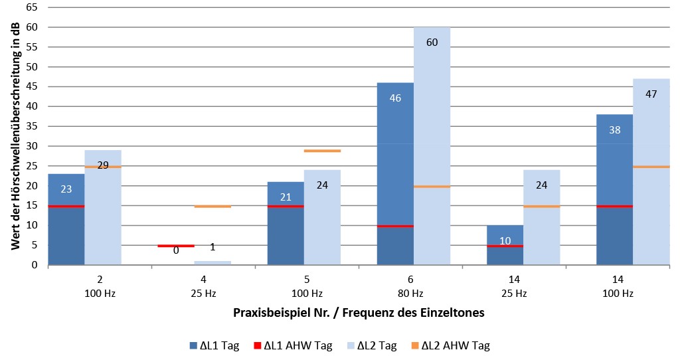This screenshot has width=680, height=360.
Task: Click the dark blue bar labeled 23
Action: (66, 219)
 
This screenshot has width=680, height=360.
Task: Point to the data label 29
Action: (103, 165)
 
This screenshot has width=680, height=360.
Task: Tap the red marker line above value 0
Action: (176, 246)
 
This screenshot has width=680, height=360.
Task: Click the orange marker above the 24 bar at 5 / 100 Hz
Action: (322, 151)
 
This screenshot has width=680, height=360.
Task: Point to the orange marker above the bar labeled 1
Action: (212, 207)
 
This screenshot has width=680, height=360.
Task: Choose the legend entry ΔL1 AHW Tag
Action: (292, 345)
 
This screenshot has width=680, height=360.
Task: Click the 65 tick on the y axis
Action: (33, 8)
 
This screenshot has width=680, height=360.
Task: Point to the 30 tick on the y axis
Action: (33, 146)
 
